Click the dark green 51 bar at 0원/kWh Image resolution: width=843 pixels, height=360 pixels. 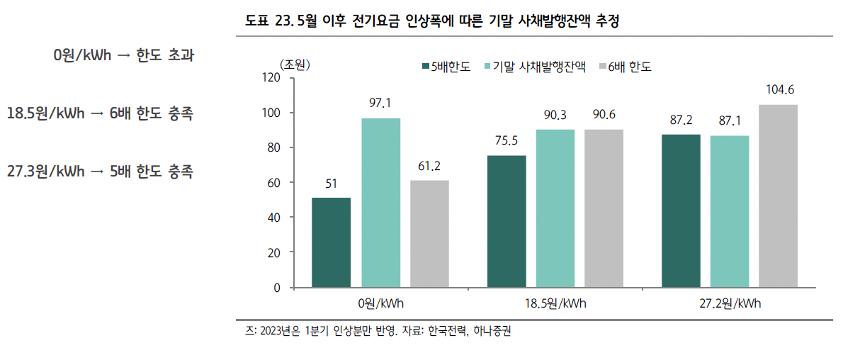[331, 242]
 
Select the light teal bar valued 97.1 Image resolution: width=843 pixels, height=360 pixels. [380, 203]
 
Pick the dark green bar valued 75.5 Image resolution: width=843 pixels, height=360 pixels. [507, 221]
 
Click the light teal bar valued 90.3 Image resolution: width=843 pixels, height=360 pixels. [555, 208]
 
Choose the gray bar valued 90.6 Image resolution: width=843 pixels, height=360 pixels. [604, 208]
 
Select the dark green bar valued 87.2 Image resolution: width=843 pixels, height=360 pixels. [681, 211]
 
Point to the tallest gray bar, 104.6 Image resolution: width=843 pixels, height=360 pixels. [778, 196]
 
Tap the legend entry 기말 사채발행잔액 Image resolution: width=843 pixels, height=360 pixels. [539, 67]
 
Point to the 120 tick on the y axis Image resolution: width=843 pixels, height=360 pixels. [271, 78]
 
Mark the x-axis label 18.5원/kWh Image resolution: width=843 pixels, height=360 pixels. [555, 303]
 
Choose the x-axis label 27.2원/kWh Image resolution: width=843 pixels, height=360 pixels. [730, 303]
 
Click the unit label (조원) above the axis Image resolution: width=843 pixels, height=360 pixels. [295, 64]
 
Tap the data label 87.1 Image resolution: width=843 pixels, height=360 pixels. [730, 121]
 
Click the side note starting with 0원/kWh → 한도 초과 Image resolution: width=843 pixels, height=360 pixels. [123, 56]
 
